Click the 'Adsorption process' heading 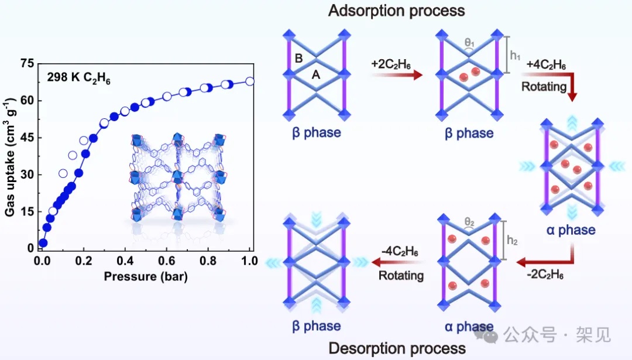click(x=396, y=11)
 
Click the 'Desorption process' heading click(x=397, y=348)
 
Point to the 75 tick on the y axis click(x=27, y=64)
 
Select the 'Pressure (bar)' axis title click(x=146, y=276)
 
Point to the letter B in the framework click(x=299, y=58)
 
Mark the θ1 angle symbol click(x=469, y=43)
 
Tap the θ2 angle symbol click(x=470, y=222)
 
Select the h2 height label click(x=513, y=239)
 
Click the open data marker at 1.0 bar click(x=250, y=81)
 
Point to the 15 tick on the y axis click(x=27, y=212)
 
